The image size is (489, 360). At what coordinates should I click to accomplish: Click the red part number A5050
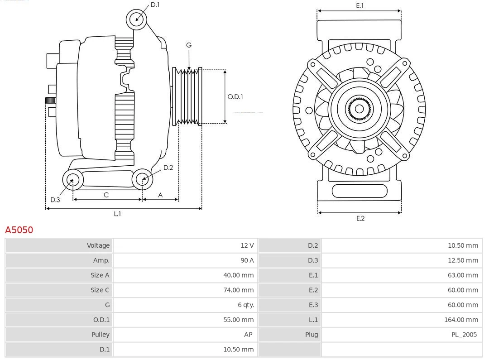tap(19, 230)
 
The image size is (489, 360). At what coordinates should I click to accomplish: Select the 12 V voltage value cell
tap(247, 245)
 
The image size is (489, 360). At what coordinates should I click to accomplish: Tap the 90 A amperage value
tap(247, 260)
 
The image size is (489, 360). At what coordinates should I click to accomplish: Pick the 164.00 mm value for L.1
tap(461, 320)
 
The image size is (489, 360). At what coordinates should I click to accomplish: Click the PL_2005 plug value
tap(464, 335)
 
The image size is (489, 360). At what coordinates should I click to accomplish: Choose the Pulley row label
tap(100, 335)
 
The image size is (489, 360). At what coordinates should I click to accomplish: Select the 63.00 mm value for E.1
tap(463, 275)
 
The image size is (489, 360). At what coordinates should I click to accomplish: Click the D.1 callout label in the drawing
tap(155, 5)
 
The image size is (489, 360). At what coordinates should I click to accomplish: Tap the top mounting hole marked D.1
tap(136, 19)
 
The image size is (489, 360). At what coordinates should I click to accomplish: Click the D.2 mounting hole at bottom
tap(143, 179)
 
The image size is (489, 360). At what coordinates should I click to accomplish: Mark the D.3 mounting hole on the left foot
tap(72, 180)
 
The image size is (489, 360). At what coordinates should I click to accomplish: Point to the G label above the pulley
tap(189, 45)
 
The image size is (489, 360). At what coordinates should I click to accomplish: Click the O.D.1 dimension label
tap(235, 96)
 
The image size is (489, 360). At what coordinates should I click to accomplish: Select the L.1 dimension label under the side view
tap(117, 214)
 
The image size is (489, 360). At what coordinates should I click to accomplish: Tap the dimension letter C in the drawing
tap(106, 195)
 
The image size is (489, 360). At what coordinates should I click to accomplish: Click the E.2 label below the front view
tap(360, 218)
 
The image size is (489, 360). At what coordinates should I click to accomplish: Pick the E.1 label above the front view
tap(360, 5)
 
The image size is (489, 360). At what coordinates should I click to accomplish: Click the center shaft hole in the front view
tap(359, 109)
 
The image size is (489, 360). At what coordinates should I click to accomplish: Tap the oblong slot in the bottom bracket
tap(360, 191)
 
